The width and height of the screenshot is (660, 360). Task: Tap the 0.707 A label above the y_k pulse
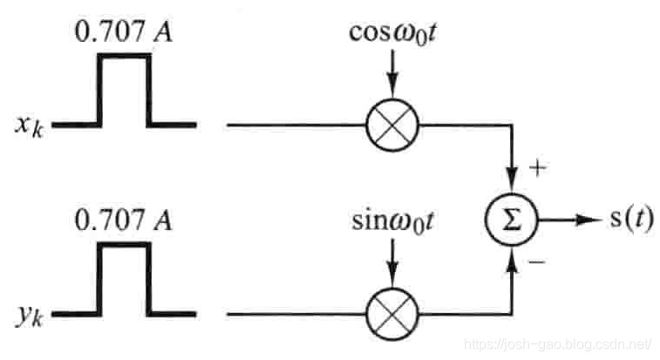123,221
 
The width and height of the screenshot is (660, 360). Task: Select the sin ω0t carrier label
390,221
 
